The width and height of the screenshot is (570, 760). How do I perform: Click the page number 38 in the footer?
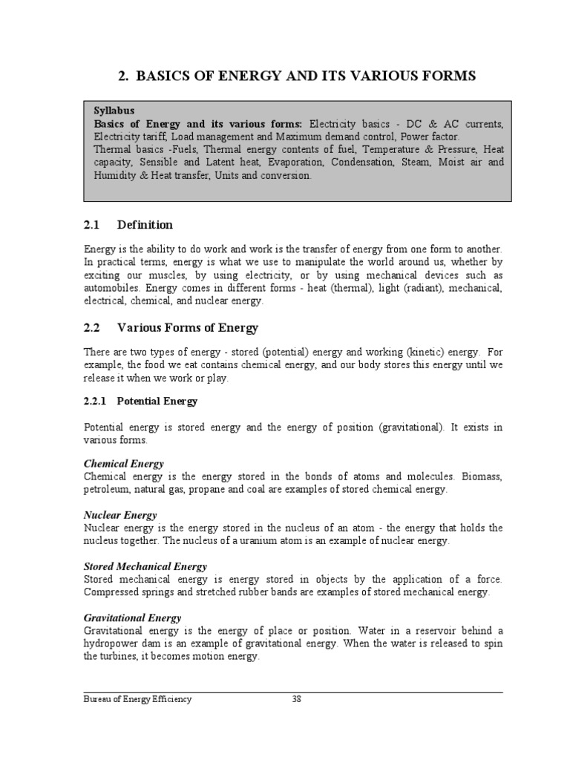[x=296, y=699]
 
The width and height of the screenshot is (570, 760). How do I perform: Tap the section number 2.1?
[x=92, y=225]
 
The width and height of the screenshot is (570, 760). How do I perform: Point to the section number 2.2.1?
[x=95, y=401]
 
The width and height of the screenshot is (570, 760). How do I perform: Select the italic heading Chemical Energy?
[x=123, y=463]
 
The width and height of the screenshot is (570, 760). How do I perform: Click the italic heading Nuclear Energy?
[x=120, y=515]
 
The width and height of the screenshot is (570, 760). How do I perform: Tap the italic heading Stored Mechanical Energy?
[x=145, y=566]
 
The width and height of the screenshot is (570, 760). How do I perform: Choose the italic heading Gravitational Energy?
[x=132, y=618]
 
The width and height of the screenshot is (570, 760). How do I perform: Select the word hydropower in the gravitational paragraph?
[x=109, y=644]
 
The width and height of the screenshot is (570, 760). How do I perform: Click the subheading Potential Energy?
[x=157, y=401]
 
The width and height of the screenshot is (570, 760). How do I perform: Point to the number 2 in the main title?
[x=123, y=76]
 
